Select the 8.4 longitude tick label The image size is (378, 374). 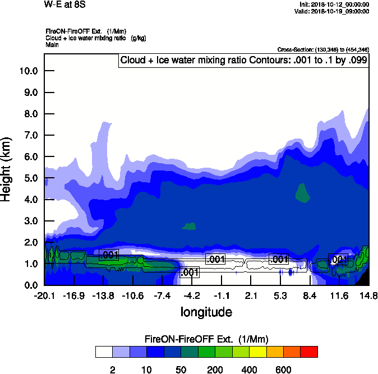click(310, 296)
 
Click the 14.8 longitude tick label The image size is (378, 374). click(368, 296)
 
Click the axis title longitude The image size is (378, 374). click(206, 311)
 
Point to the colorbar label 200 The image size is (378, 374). click(215, 370)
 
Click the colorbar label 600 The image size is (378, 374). click(283, 370)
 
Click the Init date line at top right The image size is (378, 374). click(334, 4)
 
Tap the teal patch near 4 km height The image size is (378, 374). click(303, 193)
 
